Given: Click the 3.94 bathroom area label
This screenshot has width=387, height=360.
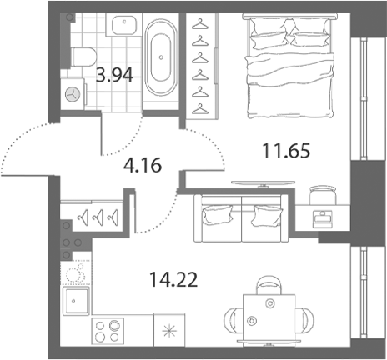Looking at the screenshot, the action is tap(114, 75).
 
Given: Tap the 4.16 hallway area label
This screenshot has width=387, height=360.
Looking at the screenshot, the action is tap(143, 165).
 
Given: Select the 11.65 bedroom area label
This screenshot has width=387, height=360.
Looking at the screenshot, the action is tap(286, 151).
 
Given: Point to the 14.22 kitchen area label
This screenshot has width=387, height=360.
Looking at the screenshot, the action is tap(173, 279).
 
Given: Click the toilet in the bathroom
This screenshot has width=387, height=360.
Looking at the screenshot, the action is tap(83, 57).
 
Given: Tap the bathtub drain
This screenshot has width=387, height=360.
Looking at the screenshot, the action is tap(161, 57).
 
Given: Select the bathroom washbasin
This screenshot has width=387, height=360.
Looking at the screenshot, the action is tap(124, 25).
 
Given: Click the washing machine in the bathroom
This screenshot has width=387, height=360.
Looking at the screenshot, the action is tap(73, 94).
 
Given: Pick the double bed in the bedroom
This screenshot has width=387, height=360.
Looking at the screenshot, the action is tap(290, 66).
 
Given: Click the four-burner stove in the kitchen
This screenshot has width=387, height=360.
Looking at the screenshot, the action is tap(108, 331).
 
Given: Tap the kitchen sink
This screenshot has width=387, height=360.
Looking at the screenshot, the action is tap(76, 301).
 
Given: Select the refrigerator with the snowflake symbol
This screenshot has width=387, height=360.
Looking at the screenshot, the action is tap(169, 329).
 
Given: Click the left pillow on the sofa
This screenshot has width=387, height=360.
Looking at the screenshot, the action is tap(218, 214).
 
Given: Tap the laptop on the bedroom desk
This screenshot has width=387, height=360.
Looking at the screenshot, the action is tap(322, 219).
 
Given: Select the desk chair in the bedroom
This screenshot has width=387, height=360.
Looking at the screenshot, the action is tap(323, 195).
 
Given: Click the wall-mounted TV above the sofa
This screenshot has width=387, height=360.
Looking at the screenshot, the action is tap(263, 183).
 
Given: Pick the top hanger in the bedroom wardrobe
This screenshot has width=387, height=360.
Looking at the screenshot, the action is tap(200, 24).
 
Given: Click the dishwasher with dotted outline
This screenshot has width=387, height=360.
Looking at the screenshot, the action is tap(76, 272).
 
